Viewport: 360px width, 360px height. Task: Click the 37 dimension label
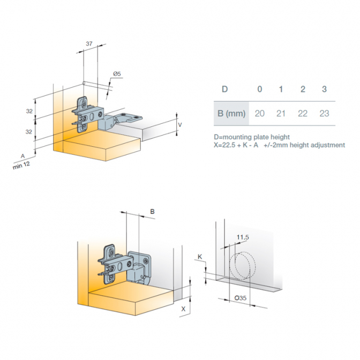click(89, 43)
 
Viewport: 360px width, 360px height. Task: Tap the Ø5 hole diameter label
click(117, 74)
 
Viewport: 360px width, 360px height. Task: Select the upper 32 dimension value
click(29, 111)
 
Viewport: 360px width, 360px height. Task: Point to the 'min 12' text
click(21, 166)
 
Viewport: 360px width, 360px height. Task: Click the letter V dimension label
click(180, 125)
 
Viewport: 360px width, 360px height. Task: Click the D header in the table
click(225, 89)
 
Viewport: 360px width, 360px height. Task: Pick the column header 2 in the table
click(303, 89)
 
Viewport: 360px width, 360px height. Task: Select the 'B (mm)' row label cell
click(231, 114)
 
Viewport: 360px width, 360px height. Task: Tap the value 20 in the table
click(260, 114)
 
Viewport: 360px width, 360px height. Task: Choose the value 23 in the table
click(324, 114)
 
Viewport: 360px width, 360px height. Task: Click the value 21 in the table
click(281, 114)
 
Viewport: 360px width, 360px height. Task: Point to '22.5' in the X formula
click(229, 145)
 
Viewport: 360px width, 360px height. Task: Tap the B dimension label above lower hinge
click(152, 212)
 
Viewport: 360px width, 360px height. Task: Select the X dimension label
click(183, 309)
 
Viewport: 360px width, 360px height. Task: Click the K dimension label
click(200, 257)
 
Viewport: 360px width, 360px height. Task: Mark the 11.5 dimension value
click(243, 237)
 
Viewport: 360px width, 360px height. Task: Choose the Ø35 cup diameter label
click(241, 298)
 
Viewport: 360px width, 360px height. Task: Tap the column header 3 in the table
click(324, 89)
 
